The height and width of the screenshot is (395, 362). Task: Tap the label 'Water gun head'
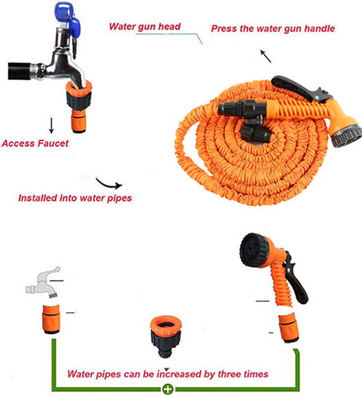[x=145, y=27]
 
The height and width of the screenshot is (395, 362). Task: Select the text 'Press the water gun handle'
[x=273, y=28]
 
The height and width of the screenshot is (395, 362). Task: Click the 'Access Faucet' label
[x=35, y=143]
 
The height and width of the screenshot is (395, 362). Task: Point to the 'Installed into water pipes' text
[x=75, y=198]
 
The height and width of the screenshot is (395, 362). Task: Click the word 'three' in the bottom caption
[x=228, y=374]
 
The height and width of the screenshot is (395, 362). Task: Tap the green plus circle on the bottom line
[x=168, y=389]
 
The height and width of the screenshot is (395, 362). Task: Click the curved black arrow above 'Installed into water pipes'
[x=109, y=184]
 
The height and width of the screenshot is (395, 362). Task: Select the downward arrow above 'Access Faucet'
[x=52, y=125]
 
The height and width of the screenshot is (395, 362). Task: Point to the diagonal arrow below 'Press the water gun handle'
[x=266, y=56]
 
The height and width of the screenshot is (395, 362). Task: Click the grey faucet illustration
[x=44, y=282]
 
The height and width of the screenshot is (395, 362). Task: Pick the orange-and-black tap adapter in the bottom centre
[x=166, y=336]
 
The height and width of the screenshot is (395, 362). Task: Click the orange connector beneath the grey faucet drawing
[x=51, y=319]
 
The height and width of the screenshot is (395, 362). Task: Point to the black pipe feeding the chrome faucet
[x=20, y=71]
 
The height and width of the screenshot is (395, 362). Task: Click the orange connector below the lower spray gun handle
[x=289, y=327]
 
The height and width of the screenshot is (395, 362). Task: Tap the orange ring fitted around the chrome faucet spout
[x=79, y=89]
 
